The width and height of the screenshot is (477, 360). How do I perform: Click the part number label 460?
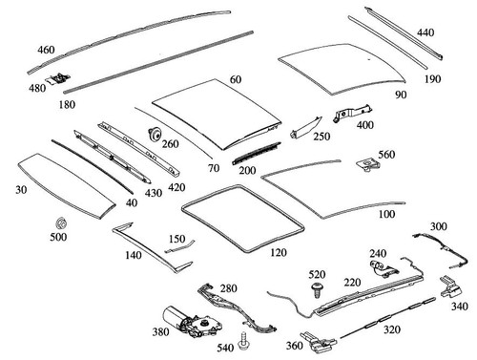pyautogui.click(x=47, y=49)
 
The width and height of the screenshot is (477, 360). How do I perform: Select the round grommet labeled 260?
pyautogui.click(x=152, y=134)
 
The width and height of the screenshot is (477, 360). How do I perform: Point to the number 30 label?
pyautogui.click(x=22, y=189)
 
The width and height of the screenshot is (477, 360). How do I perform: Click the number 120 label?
pyautogui.click(x=278, y=252)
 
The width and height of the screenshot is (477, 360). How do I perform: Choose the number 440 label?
pyautogui.click(x=425, y=32)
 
